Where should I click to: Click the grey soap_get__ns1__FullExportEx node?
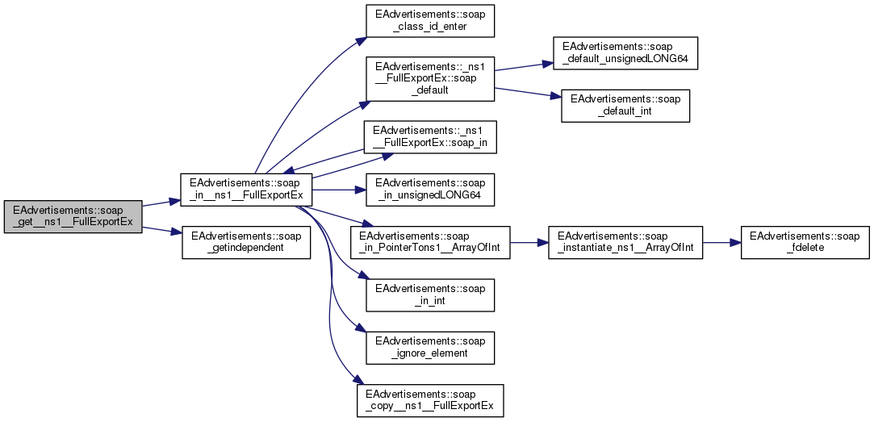pyautogui.click(x=73, y=217)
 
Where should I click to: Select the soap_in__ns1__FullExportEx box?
pyautogui.click(x=246, y=190)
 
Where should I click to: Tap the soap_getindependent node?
pyautogui.click(x=246, y=241)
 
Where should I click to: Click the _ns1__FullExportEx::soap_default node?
pyautogui.click(x=429, y=78)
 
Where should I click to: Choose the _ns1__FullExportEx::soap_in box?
pyautogui.click(x=429, y=138)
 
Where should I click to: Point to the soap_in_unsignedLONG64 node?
pyautogui.click(x=429, y=190)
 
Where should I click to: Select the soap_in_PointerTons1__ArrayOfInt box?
pyautogui.click(x=430, y=242)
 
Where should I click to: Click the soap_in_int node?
pyautogui.click(x=429, y=295)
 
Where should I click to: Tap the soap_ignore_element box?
pyautogui.click(x=429, y=346)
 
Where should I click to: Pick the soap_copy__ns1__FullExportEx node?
pyautogui.click(x=430, y=399)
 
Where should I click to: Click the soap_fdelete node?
pyautogui.click(x=805, y=242)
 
